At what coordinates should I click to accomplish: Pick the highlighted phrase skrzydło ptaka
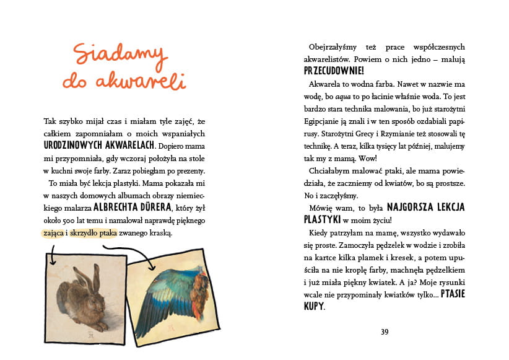point(95,233)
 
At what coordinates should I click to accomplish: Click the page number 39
point(385,331)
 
